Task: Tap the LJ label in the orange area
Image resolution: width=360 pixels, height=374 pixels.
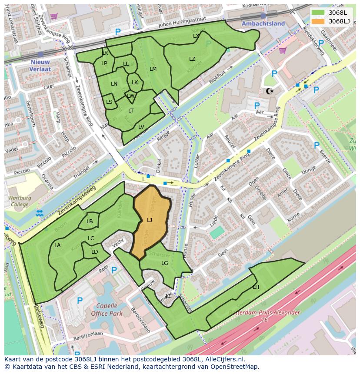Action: pyautogui.click(x=150, y=220)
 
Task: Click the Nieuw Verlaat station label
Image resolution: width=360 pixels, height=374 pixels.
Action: pyautogui.click(x=40, y=65)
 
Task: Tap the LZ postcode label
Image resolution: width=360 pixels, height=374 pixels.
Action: pyautogui.click(x=192, y=59)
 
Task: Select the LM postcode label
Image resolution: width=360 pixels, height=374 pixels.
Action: pyautogui.click(x=153, y=69)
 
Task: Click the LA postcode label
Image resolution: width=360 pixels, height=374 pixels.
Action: pyautogui.click(x=57, y=245)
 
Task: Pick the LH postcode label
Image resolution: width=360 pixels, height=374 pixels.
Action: pyautogui.click(x=256, y=287)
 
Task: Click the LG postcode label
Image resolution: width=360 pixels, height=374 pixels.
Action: pyautogui.click(x=165, y=263)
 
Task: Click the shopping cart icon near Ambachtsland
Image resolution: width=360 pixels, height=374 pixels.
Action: pyautogui.click(x=283, y=50)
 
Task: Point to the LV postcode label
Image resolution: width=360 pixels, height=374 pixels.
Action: pyautogui.click(x=141, y=127)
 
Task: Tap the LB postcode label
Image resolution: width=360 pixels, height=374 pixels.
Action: pyautogui.click(x=90, y=222)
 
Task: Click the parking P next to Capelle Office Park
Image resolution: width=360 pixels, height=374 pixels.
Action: pyautogui.click(x=80, y=300)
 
